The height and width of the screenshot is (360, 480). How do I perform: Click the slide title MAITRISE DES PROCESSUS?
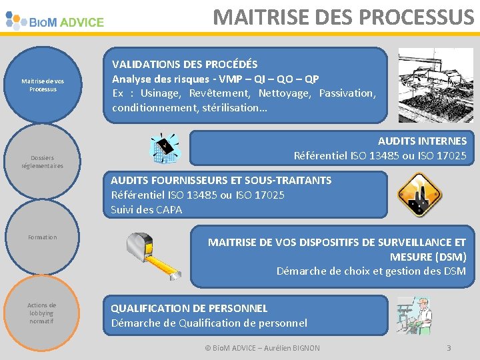(x=343, y=17)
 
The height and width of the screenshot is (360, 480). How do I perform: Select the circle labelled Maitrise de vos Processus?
(x=43, y=85)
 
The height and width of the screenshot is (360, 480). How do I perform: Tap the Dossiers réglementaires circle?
(x=43, y=161)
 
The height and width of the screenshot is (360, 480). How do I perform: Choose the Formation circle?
(x=43, y=237)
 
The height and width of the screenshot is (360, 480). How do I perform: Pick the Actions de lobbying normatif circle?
(x=43, y=313)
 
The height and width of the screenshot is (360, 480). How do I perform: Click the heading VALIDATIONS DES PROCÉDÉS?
(x=185, y=65)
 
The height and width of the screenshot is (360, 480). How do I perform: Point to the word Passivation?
(x=347, y=93)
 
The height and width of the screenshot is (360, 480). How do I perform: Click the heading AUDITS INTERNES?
(x=422, y=141)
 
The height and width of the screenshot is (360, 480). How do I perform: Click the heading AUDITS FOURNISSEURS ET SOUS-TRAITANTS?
(x=221, y=181)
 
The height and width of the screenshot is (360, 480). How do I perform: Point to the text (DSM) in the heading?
(x=451, y=257)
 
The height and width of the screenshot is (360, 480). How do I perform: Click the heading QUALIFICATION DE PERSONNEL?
(x=189, y=309)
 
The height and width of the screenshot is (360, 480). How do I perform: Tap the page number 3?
(x=449, y=348)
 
